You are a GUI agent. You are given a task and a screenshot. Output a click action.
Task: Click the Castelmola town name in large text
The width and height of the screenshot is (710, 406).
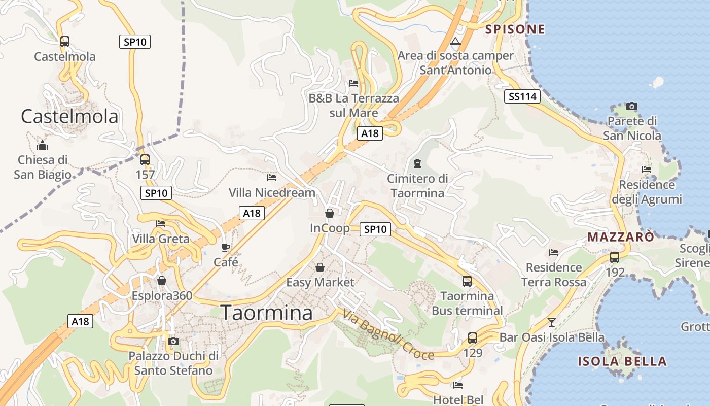coord(69,117)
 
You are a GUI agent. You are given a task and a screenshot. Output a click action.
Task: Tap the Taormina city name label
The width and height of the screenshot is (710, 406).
coord(267,313)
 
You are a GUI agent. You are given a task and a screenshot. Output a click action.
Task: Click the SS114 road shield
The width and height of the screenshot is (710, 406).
coord(522,96)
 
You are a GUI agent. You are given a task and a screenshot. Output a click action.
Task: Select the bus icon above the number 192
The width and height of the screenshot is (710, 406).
coord(615,257)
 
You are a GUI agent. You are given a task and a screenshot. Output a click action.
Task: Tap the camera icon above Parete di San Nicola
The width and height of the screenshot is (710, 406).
coord(631,106)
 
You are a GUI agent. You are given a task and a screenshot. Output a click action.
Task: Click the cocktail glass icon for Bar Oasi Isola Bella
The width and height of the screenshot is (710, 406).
coord(551,322)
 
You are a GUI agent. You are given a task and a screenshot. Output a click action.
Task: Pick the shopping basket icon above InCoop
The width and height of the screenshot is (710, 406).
coord(330,213)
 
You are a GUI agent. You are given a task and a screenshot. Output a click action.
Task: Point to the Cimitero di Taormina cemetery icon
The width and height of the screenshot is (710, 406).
coord(417,163)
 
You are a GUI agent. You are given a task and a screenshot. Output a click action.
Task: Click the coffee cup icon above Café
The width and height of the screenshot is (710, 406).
coord(226,247)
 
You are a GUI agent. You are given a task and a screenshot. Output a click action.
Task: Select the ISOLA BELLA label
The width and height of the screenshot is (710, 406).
coord(622,361)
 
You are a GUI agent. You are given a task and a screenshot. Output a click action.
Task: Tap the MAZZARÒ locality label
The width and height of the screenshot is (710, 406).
coord(621,237)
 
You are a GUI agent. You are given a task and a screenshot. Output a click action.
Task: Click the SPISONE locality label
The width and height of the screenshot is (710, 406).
coord(515,29)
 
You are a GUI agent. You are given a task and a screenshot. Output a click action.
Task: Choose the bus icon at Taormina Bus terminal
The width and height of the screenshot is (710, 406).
coord(467,281)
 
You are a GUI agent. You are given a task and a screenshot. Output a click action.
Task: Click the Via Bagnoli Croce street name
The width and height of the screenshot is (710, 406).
coord(388,335)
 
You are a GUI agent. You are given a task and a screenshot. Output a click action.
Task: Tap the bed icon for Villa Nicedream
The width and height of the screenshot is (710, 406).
coord(272,178)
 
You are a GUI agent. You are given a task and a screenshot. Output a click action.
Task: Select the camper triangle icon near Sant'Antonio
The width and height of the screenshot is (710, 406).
coord(455,41)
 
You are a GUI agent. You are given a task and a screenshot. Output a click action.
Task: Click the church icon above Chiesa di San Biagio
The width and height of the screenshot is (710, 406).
coord(43,145)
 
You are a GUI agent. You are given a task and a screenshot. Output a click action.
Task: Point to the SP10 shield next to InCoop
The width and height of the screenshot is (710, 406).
coord(375,229)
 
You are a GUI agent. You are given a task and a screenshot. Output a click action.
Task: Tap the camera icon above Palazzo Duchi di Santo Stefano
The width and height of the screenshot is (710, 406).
coord(173,341)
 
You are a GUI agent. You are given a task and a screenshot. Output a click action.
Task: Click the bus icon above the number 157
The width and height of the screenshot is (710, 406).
coord(145,160)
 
